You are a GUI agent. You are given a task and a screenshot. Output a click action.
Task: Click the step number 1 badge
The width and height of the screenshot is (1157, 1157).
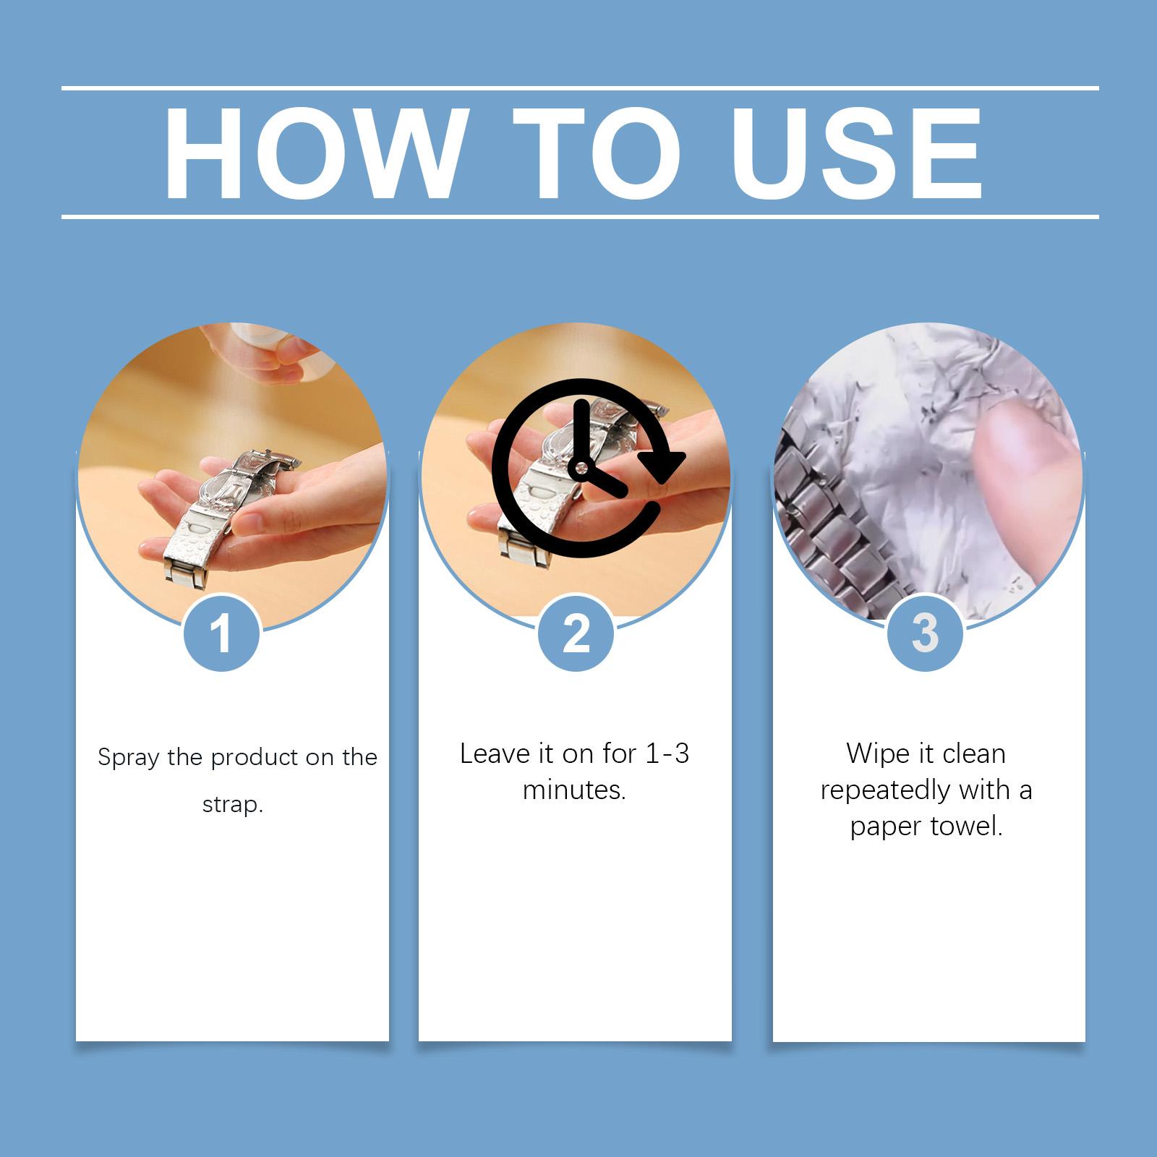(222, 632)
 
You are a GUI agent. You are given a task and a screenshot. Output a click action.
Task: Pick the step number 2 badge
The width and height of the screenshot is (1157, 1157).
(576, 632)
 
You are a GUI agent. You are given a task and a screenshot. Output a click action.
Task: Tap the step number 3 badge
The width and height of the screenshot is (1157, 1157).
(925, 632)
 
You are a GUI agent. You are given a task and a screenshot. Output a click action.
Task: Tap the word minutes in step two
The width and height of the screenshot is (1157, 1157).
(571, 790)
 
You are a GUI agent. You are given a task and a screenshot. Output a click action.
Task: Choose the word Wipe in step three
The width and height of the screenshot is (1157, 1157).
(875, 754)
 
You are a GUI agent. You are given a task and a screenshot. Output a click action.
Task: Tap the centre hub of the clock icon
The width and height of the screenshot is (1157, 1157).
(580, 468)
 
